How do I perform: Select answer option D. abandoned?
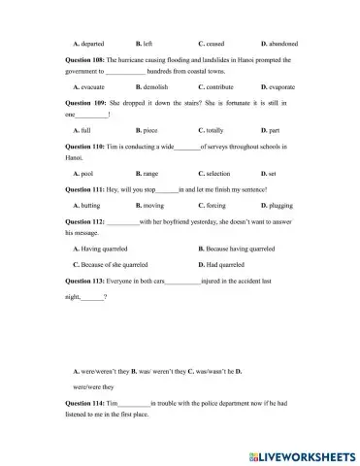click(279, 44)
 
